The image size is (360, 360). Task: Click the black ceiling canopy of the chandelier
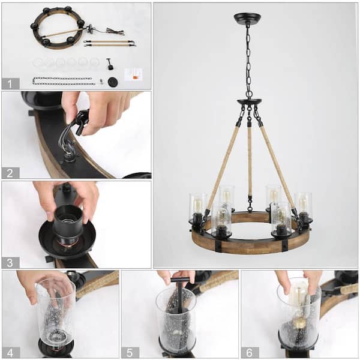click(247, 19)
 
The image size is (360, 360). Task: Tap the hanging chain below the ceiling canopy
click(248, 60)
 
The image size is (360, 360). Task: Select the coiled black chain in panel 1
click(64, 80)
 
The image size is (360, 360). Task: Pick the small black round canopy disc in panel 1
click(112, 82)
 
